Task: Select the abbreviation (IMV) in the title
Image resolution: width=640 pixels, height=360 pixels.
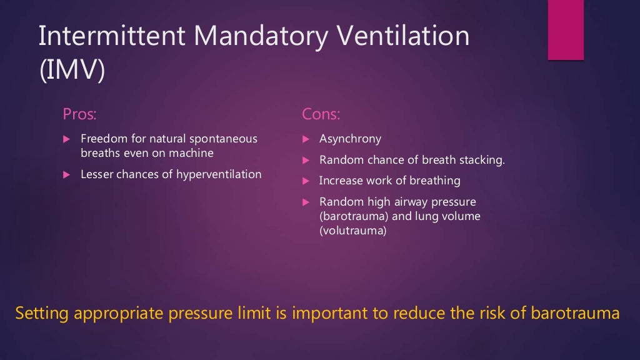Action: (71, 69)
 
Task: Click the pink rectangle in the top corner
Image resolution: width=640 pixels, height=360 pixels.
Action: (566, 30)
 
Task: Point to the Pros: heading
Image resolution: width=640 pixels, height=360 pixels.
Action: (80, 114)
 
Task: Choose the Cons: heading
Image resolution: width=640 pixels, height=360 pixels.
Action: (321, 114)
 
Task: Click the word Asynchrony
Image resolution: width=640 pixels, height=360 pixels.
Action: (350, 139)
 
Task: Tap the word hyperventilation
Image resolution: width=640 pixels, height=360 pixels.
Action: (219, 174)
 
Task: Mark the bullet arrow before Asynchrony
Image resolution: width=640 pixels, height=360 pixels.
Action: (306, 139)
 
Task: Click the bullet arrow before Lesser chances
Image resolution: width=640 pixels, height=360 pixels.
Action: (67, 175)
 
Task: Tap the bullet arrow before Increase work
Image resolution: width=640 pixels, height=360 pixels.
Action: (306, 181)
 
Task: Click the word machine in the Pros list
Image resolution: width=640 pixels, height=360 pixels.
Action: (191, 153)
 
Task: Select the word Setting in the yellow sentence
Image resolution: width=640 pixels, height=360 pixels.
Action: (42, 313)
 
